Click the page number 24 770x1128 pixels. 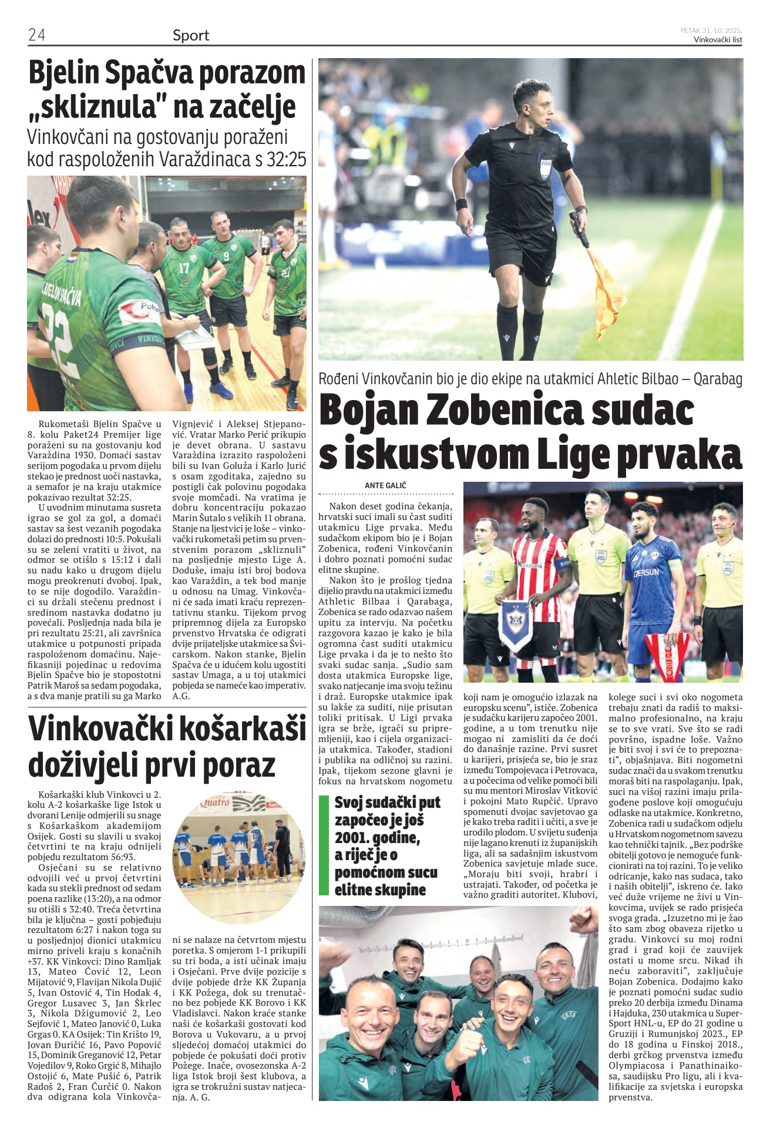coord(36,35)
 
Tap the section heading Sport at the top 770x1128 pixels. coord(191,36)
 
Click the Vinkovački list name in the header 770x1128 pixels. coord(718,40)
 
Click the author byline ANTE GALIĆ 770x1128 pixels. coord(385,486)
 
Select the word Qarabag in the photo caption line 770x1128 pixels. coord(718,379)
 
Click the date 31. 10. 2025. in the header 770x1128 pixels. coord(721,30)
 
